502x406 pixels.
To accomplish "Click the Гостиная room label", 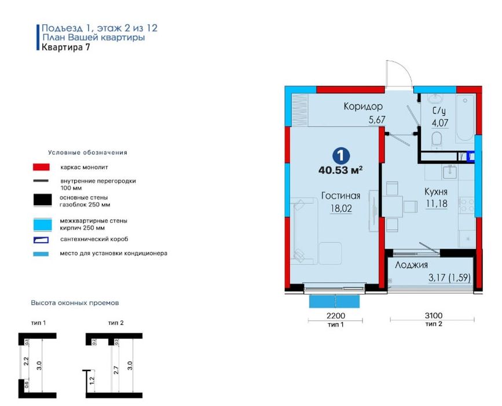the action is click(x=340, y=195).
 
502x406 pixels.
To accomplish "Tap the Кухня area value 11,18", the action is click(x=437, y=204).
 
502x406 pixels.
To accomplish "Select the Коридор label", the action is click(x=362, y=106).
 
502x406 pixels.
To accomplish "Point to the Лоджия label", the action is click(x=411, y=265).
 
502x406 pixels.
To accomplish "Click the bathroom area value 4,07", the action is click(x=440, y=123).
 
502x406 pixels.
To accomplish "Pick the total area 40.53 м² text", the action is click(x=340, y=170).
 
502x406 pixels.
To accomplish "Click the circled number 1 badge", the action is click(x=340, y=156).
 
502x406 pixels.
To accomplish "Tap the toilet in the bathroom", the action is click(x=437, y=141).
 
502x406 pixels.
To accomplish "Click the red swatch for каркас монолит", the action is click(x=41, y=167).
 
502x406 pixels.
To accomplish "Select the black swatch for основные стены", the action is click(x=43, y=200).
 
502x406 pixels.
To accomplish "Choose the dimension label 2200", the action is click(x=335, y=316).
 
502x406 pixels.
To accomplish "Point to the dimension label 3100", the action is click(x=434, y=316).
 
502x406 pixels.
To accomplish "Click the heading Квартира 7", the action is click(x=66, y=47).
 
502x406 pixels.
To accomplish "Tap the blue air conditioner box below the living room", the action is click(x=334, y=302).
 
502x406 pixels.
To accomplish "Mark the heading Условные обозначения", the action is click(x=88, y=153).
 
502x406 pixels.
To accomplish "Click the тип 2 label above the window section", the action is click(x=116, y=322).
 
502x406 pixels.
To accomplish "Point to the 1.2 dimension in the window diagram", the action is click(x=92, y=380).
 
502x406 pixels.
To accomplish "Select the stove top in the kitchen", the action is click(x=467, y=205).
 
